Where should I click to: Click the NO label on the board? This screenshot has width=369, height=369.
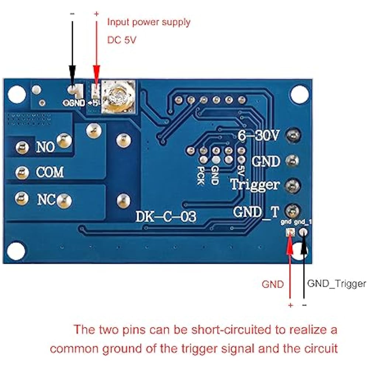45,147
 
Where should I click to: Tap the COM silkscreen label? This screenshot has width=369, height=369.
50,172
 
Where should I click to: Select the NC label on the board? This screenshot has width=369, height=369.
46,200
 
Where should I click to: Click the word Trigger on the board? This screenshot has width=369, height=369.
255,184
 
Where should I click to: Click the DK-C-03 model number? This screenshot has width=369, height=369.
166,217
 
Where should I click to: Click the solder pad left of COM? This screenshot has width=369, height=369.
22,172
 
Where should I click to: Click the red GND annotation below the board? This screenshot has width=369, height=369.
273,284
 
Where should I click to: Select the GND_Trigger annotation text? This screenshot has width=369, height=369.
337,283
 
